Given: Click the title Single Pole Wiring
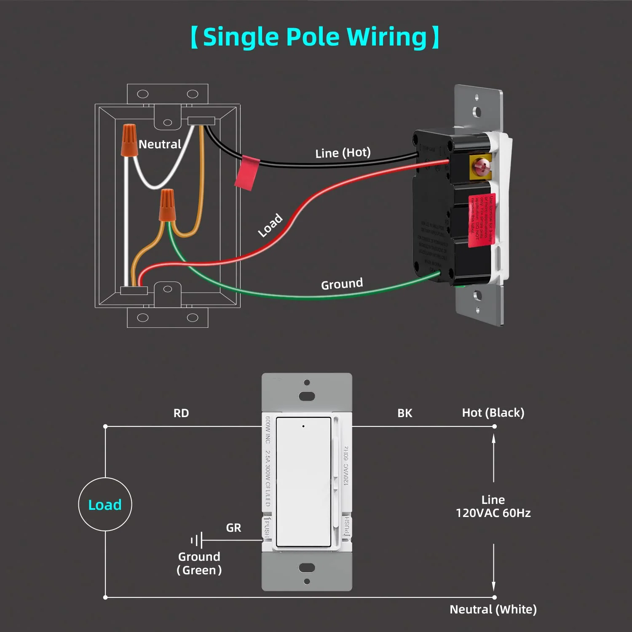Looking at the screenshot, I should [315, 37].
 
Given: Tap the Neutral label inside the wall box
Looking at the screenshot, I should [160, 145].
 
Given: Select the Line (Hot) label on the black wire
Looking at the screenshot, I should [343, 153].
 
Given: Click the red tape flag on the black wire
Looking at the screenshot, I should [246, 173].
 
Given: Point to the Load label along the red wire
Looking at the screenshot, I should [270, 225].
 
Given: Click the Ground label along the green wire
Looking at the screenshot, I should [342, 284].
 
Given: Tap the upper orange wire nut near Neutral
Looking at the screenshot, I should [129, 140].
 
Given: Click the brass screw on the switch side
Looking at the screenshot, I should [480, 167].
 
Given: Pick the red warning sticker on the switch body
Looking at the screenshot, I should [482, 220].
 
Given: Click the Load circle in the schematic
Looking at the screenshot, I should [105, 504].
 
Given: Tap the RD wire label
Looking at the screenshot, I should [181, 413].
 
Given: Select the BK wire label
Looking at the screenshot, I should [404, 413].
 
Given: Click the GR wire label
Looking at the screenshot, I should [233, 528].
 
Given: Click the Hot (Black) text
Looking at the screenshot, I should [493, 413].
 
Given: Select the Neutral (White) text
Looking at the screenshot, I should [493, 610].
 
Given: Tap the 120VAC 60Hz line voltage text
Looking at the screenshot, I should [493, 513].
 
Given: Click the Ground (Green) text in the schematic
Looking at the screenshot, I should [199, 563].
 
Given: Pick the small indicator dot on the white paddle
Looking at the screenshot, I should [303, 426].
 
